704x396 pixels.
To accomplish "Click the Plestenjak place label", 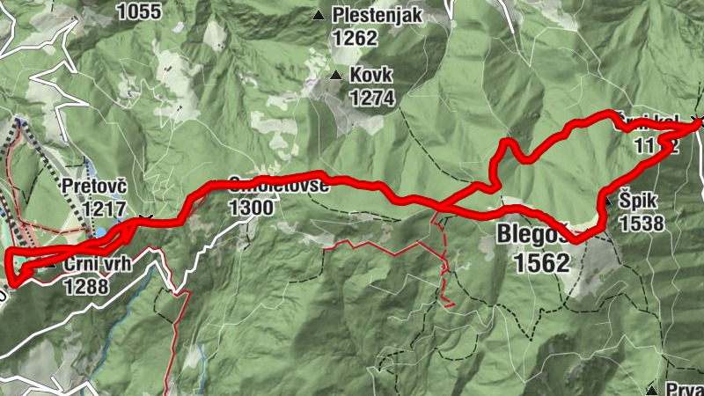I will pyautogui.click(x=378, y=15).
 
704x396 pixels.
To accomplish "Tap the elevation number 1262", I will pyautogui.click(x=355, y=38).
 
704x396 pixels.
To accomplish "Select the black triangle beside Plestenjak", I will pyautogui.click(x=319, y=15).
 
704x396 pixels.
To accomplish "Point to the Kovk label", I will pyautogui.click(x=370, y=76).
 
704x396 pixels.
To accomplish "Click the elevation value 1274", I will pyautogui.click(x=371, y=98).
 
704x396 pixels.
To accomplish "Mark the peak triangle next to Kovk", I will pyautogui.click(x=335, y=76).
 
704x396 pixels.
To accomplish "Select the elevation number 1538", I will pyautogui.click(x=641, y=224).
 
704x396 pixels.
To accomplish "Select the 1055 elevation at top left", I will pyautogui.click(x=139, y=11).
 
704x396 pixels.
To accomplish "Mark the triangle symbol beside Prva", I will pyautogui.click(x=651, y=389).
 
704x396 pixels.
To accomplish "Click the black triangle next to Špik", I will pyautogui.click(x=607, y=202).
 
